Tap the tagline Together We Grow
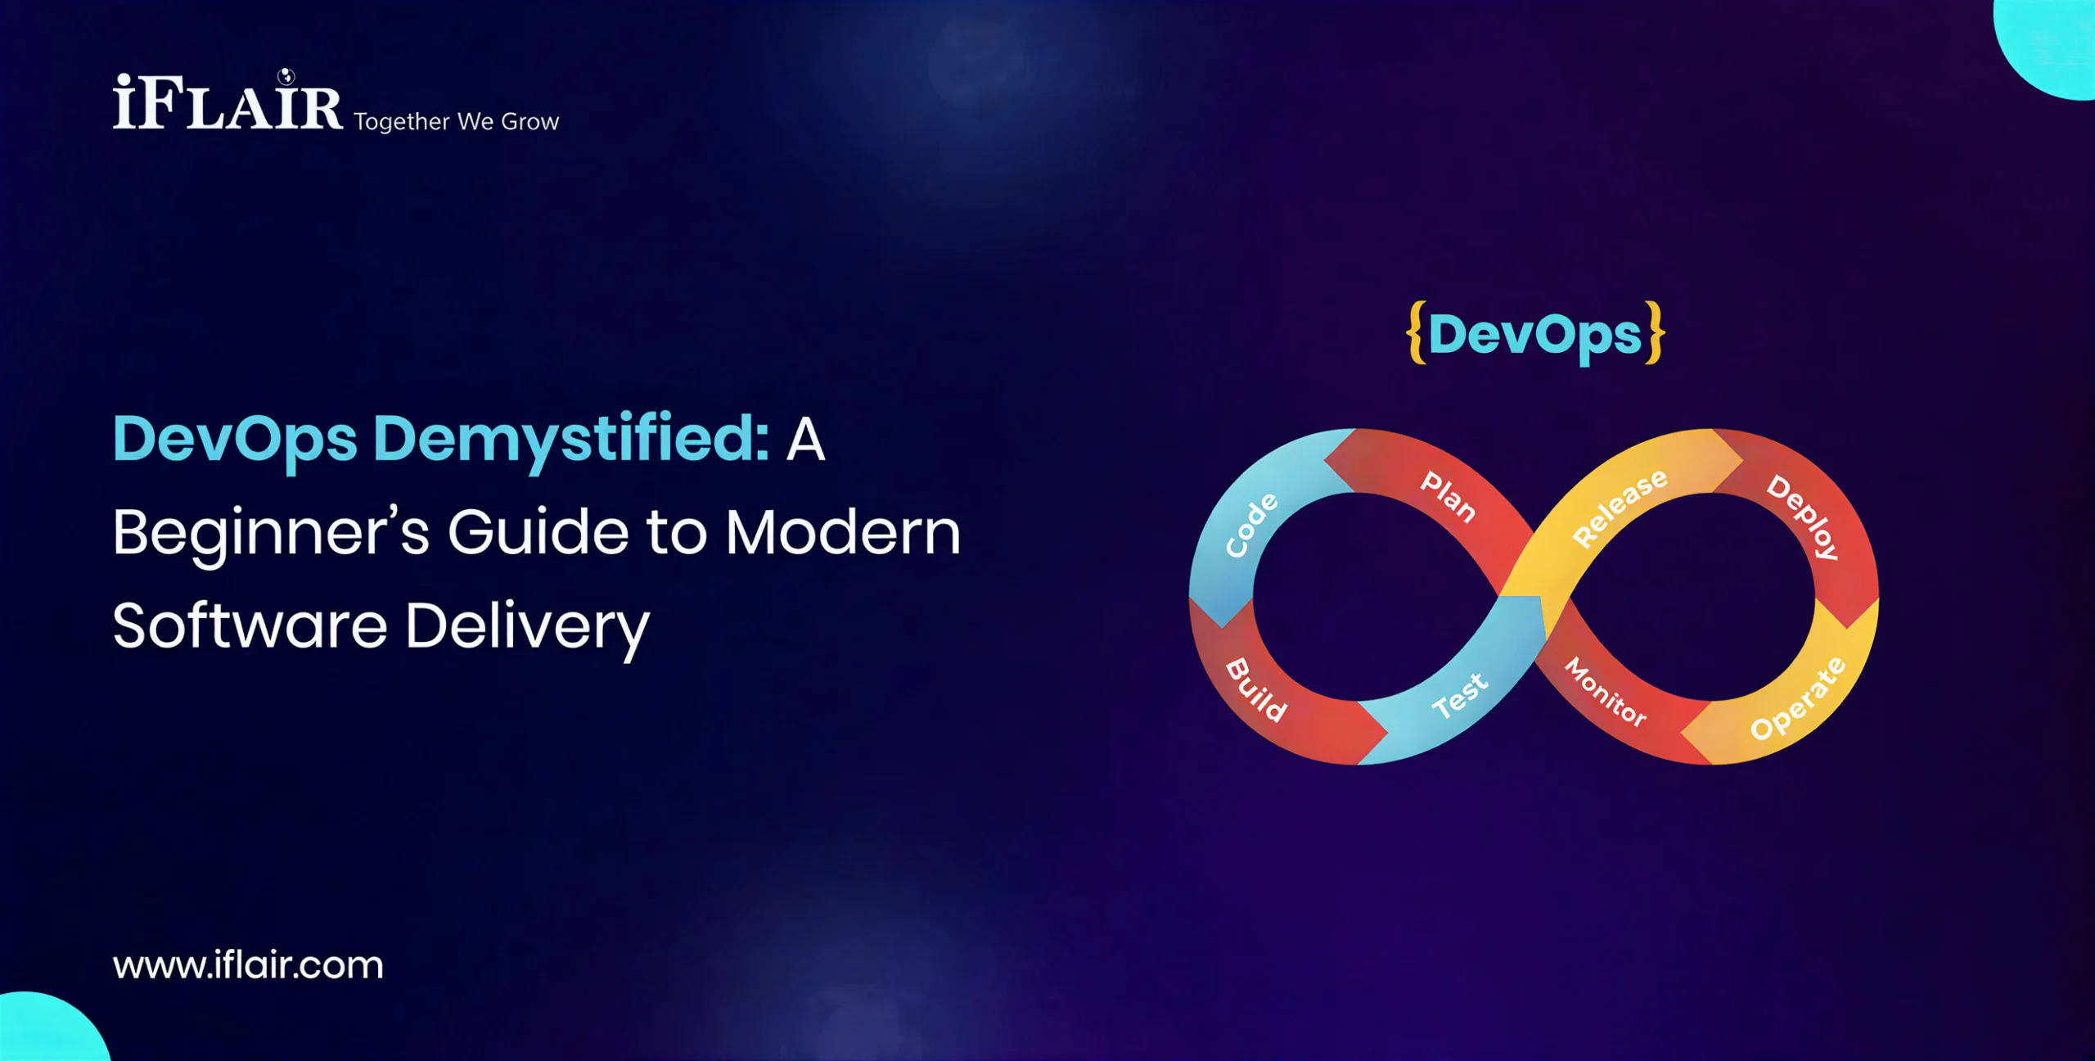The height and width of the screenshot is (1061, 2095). [x=457, y=122]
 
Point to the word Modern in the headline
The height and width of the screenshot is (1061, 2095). [x=844, y=533]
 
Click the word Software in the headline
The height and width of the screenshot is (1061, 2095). [x=250, y=626]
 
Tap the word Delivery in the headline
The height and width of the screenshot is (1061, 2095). [x=528, y=629]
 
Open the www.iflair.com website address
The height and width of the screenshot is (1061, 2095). [x=248, y=965]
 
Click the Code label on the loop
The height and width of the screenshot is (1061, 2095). [x=1251, y=525]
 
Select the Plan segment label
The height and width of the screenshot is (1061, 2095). [x=1448, y=496]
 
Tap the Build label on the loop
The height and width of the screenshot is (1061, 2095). [x=1256, y=690]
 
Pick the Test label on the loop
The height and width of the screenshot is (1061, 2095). [x=1459, y=696]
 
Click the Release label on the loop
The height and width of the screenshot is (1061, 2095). [x=1620, y=508]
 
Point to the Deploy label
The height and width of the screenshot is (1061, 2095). [x=1803, y=517]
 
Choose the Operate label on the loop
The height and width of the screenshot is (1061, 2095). [x=1797, y=698]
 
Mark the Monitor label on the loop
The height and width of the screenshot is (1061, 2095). [x=1606, y=692]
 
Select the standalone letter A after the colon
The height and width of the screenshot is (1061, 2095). [x=805, y=440]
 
